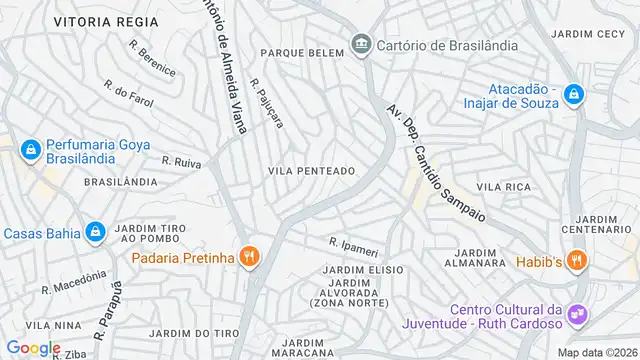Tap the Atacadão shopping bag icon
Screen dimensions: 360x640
coord(573,95)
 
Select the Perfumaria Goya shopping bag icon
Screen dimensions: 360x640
coord(30,151)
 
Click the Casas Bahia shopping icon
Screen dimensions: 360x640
coord(95,233)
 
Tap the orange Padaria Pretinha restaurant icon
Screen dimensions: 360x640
coord(249,258)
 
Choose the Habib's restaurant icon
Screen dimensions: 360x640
coord(575,261)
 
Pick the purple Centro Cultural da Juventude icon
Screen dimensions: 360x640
coord(577,315)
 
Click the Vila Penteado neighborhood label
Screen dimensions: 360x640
coord(311,171)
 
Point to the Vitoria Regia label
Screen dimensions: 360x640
coord(106,20)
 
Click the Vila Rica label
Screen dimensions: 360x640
coord(503,187)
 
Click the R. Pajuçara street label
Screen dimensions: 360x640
coord(267,104)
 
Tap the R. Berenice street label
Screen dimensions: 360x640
coord(152,59)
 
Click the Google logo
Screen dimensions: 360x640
coord(33,348)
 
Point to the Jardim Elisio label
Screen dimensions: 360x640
coord(363,270)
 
